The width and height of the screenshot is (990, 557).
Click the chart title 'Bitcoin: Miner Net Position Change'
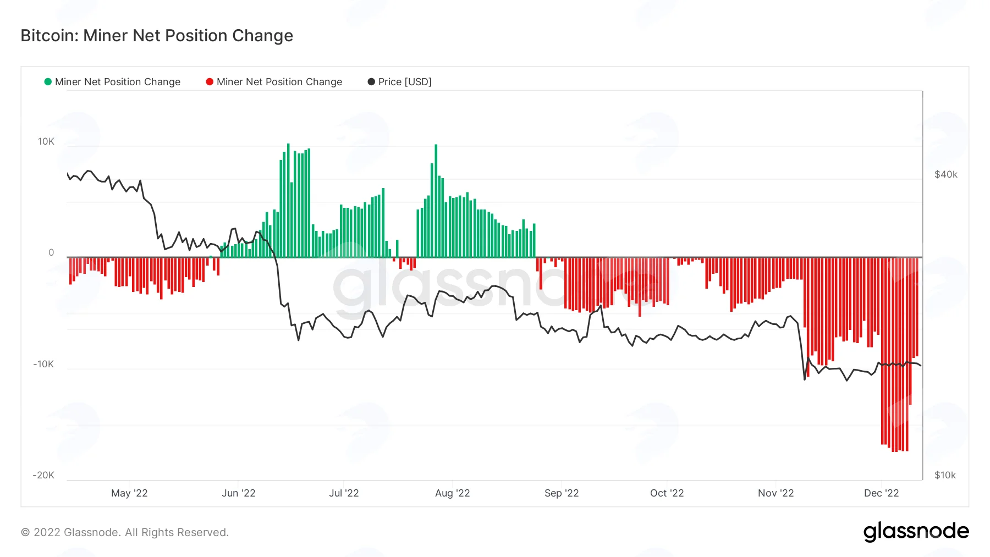[157, 36]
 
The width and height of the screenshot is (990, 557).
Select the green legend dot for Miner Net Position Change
[48, 82]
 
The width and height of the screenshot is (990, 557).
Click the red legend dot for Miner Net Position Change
[210, 82]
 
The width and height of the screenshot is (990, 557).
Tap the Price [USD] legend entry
[400, 82]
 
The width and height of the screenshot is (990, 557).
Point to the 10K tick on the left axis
[46, 142]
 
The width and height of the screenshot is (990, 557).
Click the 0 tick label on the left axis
[51, 252]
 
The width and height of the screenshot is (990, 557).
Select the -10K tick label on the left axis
[43, 364]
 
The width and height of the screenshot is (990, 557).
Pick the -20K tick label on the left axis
[43, 475]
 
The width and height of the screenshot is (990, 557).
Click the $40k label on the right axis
[946, 174]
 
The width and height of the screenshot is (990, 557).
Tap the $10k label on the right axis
[945, 475]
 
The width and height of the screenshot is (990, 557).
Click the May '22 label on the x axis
[129, 493]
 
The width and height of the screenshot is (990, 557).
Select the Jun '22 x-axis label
[239, 493]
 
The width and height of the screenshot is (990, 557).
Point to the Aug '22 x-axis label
[453, 493]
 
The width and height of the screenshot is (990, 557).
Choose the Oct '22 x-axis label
[667, 493]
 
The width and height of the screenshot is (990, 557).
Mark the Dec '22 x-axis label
[882, 493]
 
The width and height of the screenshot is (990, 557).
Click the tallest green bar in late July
[436, 201]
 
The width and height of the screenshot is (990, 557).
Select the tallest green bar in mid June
[288, 200]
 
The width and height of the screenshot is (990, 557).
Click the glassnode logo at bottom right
[916, 531]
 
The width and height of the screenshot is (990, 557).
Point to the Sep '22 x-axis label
[562, 493]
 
